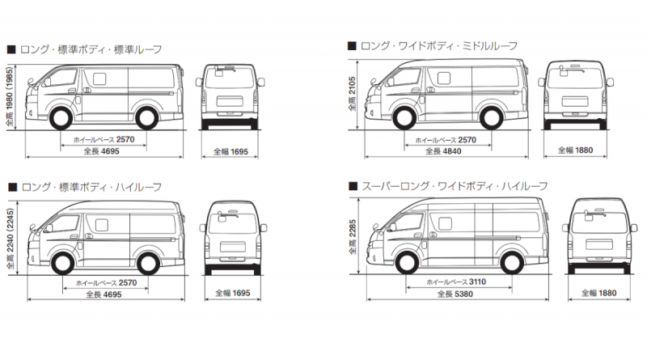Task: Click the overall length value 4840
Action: pos(450,151)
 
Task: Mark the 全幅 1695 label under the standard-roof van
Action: pos(231,151)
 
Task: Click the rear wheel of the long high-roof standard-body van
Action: pos(144,262)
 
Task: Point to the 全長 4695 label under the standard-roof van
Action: pos(103,151)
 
